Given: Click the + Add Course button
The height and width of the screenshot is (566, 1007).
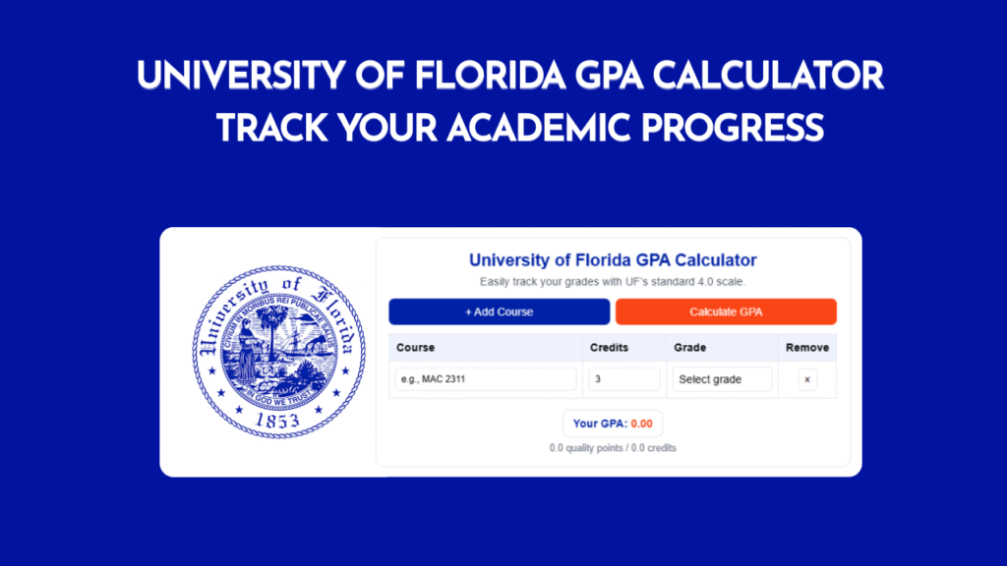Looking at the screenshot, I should (x=499, y=311).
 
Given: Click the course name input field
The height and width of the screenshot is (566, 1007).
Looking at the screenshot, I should (x=485, y=379).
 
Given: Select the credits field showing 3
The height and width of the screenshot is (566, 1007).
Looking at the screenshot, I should (x=624, y=379).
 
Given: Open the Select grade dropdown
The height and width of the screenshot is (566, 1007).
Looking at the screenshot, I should (x=723, y=379).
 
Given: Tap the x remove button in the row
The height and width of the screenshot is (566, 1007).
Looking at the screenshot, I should (x=807, y=379).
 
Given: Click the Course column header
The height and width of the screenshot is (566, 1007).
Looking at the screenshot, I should (x=415, y=347).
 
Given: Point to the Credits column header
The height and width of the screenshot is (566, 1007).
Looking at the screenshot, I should (x=609, y=347).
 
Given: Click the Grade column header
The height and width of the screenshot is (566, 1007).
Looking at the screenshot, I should (x=690, y=347).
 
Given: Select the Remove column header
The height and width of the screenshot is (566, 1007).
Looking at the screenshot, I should (x=807, y=347).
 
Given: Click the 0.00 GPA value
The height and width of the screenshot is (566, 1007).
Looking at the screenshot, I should (x=641, y=424).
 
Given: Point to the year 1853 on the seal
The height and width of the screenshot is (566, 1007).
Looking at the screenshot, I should (x=269, y=421).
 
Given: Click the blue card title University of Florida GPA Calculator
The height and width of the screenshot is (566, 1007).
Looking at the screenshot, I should (x=613, y=260).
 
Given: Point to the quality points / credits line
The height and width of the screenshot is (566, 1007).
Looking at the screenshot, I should (x=613, y=448).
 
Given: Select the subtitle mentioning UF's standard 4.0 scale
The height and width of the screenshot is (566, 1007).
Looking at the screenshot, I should (x=613, y=282).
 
